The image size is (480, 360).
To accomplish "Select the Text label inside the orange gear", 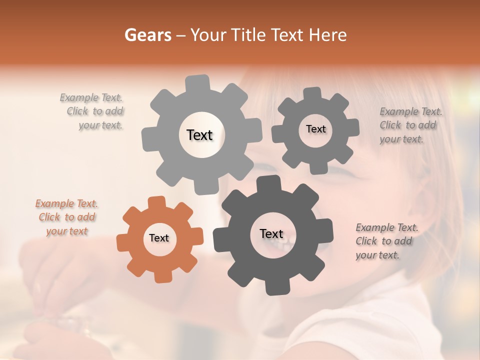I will (x=159, y=238).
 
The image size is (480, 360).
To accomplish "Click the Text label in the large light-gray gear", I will (x=199, y=135).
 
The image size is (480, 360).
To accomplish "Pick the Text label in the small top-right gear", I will (x=315, y=129).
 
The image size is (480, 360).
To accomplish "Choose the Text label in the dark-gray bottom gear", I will (x=271, y=234).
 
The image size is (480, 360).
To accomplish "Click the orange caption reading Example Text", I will (x=66, y=203).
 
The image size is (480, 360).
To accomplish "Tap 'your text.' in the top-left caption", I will (x=100, y=125).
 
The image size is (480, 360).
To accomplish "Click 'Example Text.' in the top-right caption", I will (x=411, y=111).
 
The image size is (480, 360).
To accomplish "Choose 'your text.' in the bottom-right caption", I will (x=377, y=255).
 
